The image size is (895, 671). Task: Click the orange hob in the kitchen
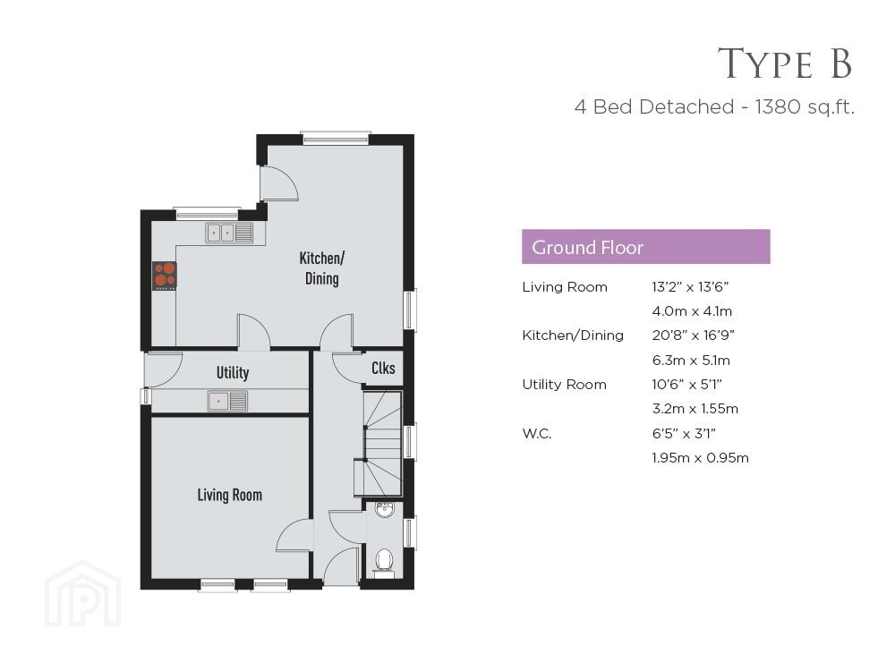coord(165,276)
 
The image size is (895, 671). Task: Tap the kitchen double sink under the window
coord(229,233)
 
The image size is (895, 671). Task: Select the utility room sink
coord(227,401)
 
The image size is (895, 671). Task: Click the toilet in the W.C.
coord(384,562)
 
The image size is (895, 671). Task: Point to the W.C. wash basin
coord(384,510)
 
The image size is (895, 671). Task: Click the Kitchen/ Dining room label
coord(322,268)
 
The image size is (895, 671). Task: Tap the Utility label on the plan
coord(233,372)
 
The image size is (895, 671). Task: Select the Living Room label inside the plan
coord(230,495)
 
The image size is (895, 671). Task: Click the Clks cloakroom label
coord(383,368)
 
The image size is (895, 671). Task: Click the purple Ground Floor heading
coord(645,247)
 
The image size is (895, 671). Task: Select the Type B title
coord(785,63)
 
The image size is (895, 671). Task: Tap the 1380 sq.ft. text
coord(805,106)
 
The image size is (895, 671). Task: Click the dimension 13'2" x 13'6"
coord(690,287)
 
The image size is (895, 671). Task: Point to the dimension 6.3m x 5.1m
coord(691,360)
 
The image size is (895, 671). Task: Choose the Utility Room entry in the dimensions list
coord(564,385)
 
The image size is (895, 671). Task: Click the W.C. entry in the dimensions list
coord(536,434)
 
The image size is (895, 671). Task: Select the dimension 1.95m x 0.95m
coord(701,457)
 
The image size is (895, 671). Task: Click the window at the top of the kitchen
coord(336,138)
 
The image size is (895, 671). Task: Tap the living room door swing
coord(293,535)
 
